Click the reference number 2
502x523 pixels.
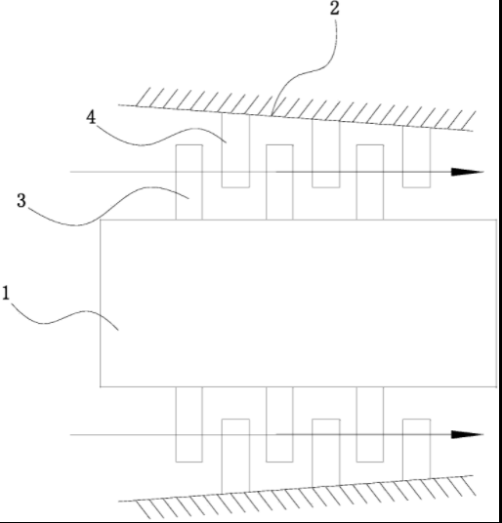pyautogui.click(x=335, y=9)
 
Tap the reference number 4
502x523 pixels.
pyautogui.click(x=91, y=117)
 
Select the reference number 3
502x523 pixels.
pyautogui.click(x=21, y=201)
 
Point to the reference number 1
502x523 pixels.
pyautogui.click(x=6, y=293)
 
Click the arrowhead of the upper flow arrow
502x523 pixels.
pyautogui.click(x=467, y=172)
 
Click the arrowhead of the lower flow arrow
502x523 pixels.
pyautogui.click(x=467, y=434)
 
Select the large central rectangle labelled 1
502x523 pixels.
pyautogui.click(x=299, y=303)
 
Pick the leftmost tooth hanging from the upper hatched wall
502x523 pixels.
pyautogui.click(x=235, y=150)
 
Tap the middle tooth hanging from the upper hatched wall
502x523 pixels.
pyautogui.click(x=326, y=153)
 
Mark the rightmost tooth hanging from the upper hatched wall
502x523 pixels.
pyautogui.click(x=417, y=157)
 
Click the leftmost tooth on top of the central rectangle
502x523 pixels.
pyautogui.click(x=188, y=182)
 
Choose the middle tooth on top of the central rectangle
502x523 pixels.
pyautogui.click(x=279, y=182)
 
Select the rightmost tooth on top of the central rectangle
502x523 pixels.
pyautogui.click(x=370, y=182)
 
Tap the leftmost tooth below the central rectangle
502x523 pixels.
pyautogui.click(x=188, y=424)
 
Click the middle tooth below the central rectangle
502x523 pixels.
pyautogui.click(x=279, y=424)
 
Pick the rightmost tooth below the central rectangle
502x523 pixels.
pyautogui.click(x=370, y=424)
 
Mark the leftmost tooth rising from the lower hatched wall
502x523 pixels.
pyautogui.click(x=235, y=457)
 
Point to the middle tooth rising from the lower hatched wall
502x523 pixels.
pyautogui.click(x=326, y=453)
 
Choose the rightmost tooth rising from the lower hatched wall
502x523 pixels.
pyautogui.click(x=417, y=450)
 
